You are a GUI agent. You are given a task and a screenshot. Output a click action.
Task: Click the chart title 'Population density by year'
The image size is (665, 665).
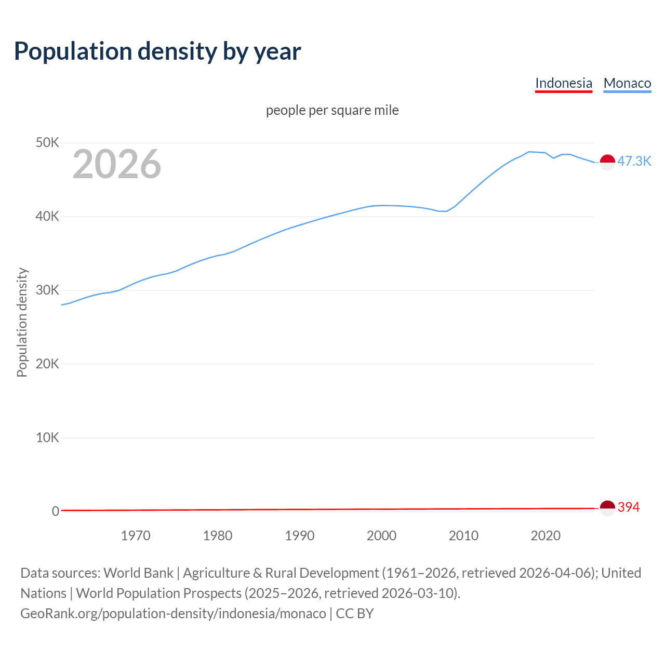coord(157,51)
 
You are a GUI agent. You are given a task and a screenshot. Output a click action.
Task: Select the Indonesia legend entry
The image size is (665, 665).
coord(563,83)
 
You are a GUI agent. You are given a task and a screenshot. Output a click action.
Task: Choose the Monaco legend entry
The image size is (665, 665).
coord(627,83)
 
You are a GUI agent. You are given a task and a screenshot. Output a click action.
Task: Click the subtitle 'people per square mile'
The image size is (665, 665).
coord(332,110)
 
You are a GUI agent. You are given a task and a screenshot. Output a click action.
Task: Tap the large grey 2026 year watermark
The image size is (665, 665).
coord(117,164)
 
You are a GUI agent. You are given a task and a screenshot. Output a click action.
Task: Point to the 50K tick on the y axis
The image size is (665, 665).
coord(48,142)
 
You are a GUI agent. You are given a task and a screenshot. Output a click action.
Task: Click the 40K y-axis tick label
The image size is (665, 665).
coord(48,216)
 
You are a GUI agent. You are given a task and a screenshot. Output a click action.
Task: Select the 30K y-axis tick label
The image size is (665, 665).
coord(48,290)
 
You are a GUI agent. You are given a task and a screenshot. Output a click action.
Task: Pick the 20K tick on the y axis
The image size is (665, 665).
coord(48,364)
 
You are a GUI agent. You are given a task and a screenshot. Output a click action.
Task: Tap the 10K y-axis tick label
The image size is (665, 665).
coord(48,437)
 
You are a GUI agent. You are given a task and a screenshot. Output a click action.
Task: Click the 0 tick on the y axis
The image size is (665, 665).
coord(55,511)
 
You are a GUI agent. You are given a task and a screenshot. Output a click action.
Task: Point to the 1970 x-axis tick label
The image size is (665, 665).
coord(136,536)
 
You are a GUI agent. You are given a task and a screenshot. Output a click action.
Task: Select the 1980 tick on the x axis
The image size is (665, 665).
coord(218,536)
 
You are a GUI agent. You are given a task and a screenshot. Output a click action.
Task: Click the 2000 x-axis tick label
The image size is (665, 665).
coord(381,536)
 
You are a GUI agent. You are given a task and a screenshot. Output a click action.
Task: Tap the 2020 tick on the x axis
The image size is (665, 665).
coord(546,536)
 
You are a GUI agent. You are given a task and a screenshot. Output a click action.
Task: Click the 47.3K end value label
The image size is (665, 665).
coord(634,161)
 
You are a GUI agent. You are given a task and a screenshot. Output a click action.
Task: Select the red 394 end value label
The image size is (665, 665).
coord(629,507)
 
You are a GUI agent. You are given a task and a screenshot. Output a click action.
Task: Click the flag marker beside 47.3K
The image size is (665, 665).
coord(607,162)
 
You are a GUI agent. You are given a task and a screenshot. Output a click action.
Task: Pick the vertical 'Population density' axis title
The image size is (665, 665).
coord(22,322)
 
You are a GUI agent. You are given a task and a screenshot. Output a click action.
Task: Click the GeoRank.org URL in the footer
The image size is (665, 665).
coord(173,614)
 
